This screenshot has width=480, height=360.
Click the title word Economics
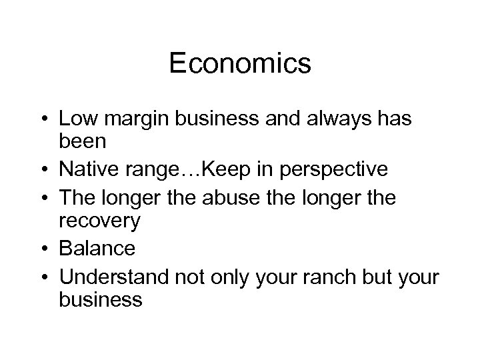coord(240,64)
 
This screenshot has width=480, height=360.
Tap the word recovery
coord(99,221)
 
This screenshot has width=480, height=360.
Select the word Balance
coord(97,248)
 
